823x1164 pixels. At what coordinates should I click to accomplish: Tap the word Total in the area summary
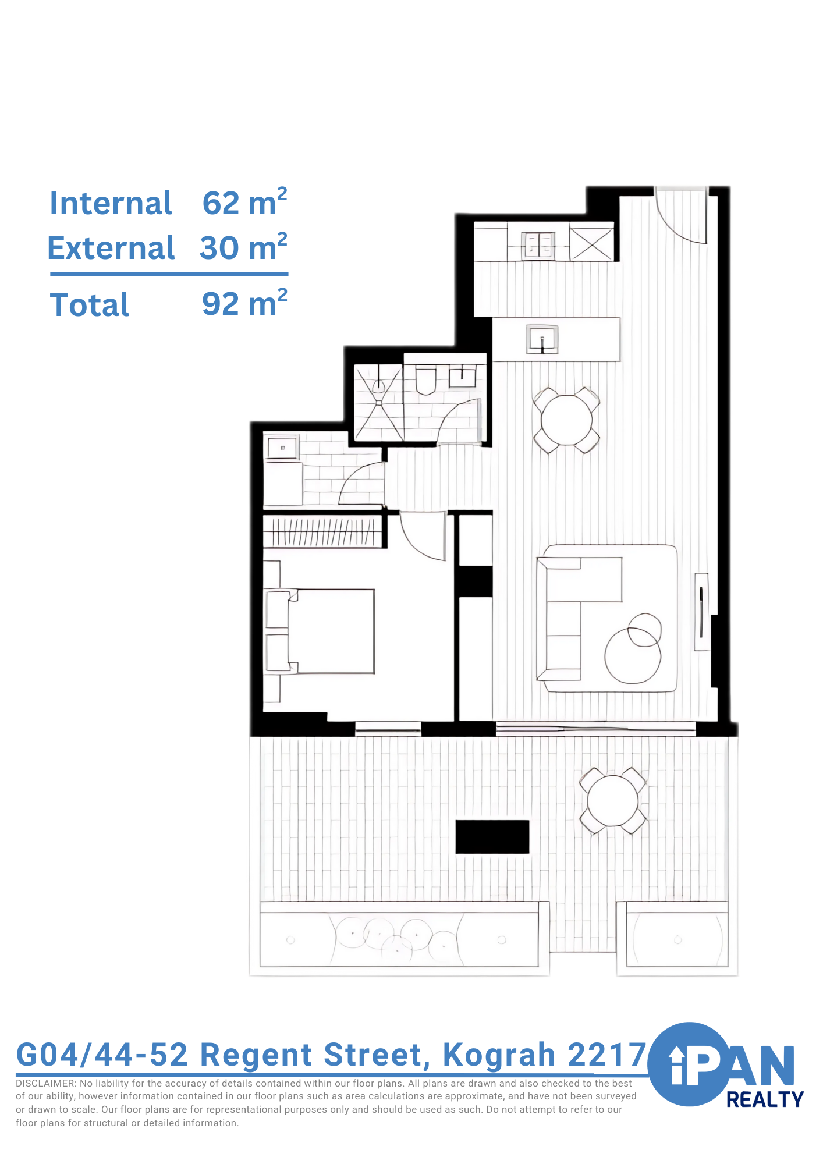[90, 305]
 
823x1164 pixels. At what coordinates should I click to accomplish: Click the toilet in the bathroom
[426, 379]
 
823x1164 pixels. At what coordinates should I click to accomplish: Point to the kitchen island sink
[542, 339]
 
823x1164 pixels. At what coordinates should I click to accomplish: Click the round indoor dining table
[566, 420]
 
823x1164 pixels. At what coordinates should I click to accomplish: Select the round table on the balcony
[612, 801]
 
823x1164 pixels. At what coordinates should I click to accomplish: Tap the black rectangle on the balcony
[492, 837]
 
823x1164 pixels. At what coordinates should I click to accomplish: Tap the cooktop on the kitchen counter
[538, 244]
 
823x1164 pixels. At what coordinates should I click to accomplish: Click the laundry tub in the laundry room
[282, 448]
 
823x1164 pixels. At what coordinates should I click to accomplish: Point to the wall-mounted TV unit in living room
[702, 612]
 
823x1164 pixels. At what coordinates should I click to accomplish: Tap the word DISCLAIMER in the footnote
[45, 1084]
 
